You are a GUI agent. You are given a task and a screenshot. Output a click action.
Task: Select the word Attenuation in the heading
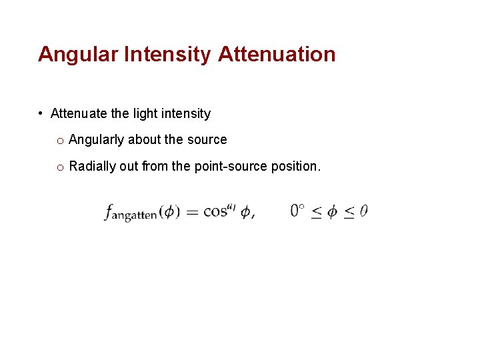(277, 54)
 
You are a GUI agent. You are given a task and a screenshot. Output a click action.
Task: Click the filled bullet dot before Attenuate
(41, 113)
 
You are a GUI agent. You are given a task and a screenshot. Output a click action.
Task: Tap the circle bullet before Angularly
(60, 141)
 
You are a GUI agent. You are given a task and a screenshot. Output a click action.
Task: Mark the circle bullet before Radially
(60, 167)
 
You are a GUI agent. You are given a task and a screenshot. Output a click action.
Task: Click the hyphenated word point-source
(231, 166)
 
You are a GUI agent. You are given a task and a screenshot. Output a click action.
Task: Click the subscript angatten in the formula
(134, 216)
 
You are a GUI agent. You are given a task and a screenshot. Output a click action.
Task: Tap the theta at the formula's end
(363, 211)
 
